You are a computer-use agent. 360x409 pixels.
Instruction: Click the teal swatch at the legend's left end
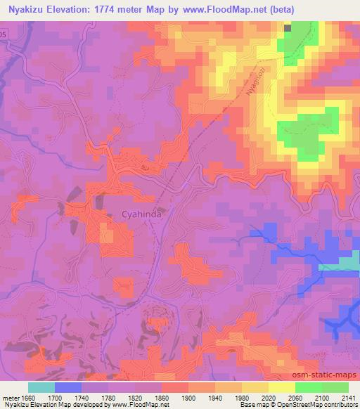click(x=41, y=387)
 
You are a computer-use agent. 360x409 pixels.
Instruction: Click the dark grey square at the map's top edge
click(x=288, y=27)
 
